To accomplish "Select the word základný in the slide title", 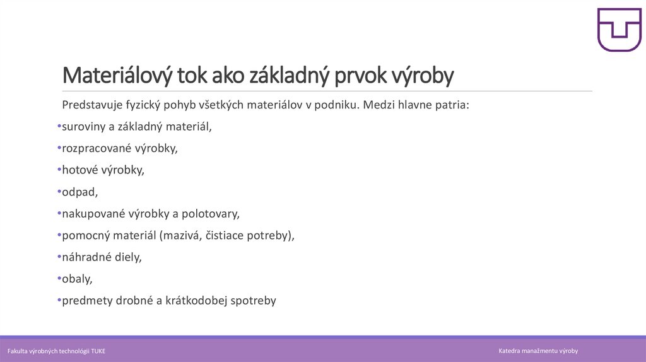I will pyautogui.click(x=290, y=76).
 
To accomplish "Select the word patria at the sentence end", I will pyautogui.click(x=452, y=105).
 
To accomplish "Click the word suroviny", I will pyautogui.click(x=84, y=127).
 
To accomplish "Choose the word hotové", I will pyautogui.click(x=79, y=170).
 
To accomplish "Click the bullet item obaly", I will pyautogui.click(x=76, y=279).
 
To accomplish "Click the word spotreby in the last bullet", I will pyautogui.click(x=255, y=301).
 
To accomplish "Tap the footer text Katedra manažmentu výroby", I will pyautogui.click(x=537, y=351).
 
